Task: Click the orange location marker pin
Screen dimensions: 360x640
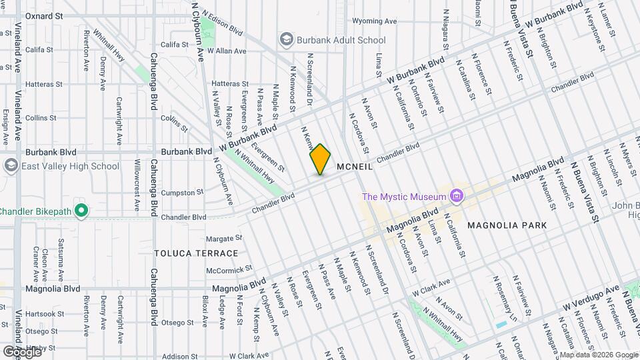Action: point(320,159)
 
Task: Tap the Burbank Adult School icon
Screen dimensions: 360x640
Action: point(287,40)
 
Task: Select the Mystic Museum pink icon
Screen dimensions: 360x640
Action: point(457,196)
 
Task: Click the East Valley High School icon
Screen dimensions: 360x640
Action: point(11,166)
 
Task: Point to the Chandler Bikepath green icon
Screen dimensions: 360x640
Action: point(81,211)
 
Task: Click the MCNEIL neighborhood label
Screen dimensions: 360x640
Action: point(355,167)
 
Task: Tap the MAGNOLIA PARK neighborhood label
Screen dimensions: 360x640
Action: point(507,225)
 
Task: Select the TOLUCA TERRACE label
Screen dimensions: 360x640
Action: point(196,253)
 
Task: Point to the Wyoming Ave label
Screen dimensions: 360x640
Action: point(374,21)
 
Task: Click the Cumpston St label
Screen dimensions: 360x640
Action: point(182,193)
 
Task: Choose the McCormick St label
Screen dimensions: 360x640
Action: point(228,270)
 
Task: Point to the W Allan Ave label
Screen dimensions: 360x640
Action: point(227,51)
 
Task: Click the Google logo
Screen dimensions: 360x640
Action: point(22,351)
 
